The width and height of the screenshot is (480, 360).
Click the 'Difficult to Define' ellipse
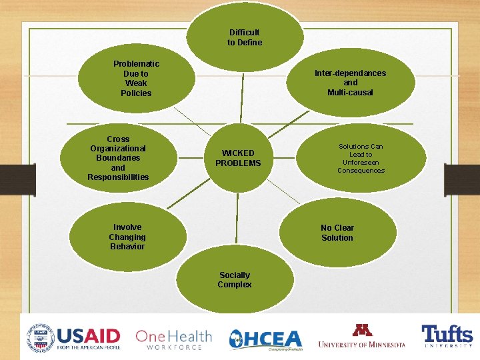click(245, 37)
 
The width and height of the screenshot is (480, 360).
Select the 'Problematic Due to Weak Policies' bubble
click(136, 79)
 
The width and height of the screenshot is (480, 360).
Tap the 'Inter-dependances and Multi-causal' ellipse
click(350, 83)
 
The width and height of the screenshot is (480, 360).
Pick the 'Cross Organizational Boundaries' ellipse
click(119, 158)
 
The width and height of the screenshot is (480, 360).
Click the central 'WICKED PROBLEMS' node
click(238, 158)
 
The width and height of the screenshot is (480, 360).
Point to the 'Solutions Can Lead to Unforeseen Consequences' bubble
click(361, 158)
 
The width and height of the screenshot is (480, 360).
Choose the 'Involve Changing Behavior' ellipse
click(127, 237)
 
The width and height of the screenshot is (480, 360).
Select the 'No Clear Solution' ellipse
click(337, 233)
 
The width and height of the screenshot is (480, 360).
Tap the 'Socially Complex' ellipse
click(235, 280)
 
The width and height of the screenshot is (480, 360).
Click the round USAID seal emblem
click(39, 336)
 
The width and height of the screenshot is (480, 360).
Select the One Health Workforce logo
click(173, 339)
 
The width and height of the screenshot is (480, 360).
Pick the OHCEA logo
click(265, 339)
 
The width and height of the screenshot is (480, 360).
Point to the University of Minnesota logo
click(361, 336)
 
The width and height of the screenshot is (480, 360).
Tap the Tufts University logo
click(446, 337)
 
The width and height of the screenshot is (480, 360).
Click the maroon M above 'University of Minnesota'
click(362, 330)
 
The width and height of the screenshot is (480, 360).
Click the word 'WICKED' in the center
click(238, 153)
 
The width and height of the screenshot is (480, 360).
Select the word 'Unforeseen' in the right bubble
click(361, 162)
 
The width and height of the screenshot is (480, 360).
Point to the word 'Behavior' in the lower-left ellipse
click(127, 247)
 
